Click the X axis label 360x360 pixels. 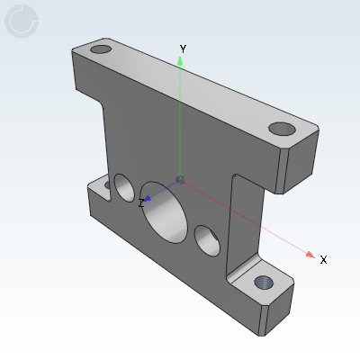click(323, 260)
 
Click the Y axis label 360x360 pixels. click(183, 48)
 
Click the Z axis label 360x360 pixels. click(141, 204)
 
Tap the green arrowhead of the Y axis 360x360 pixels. click(181, 60)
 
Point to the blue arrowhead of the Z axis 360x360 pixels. click(148, 198)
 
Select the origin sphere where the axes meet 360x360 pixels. click(181, 181)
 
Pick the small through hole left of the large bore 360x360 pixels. click(123, 186)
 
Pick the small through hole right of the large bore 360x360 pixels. click(209, 241)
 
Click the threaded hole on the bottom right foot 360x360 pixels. click(265, 282)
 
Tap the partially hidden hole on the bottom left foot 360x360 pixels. click(108, 183)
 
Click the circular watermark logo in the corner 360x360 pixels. click(22, 22)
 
